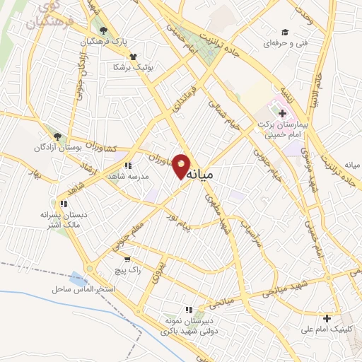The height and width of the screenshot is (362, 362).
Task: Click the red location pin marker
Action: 182,166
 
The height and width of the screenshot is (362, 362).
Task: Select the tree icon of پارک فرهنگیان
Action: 104,30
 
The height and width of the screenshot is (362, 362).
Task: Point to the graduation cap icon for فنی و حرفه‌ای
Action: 284,32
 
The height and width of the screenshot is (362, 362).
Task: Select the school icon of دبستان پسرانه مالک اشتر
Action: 63,204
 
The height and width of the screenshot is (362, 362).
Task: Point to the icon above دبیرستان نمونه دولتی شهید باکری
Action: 188,310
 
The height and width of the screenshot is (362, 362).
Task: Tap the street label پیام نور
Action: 176,227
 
